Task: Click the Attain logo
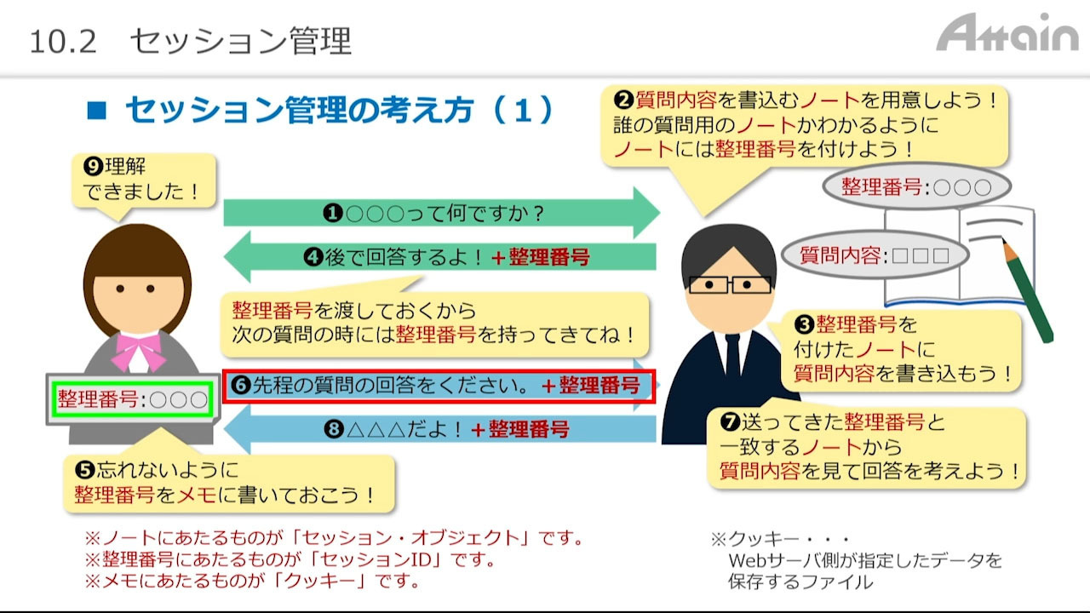point(1007,32)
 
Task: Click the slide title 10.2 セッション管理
point(190,41)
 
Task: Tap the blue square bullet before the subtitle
point(96,110)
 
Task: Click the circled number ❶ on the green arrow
point(333,213)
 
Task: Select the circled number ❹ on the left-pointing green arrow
point(313,257)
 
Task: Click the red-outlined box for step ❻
point(439,387)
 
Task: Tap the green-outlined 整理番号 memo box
point(132,400)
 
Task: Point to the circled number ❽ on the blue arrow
point(334,429)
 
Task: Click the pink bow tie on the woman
point(139,350)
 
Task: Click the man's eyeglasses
point(730,284)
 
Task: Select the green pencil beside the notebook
point(1028,290)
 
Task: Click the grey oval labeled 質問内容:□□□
point(875,255)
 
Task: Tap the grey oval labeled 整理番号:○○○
point(917,186)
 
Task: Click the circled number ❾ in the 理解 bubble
point(93,166)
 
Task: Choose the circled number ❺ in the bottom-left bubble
point(84,470)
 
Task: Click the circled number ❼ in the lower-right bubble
point(730,421)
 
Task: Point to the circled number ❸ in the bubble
point(804,324)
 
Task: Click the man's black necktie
point(732,357)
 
